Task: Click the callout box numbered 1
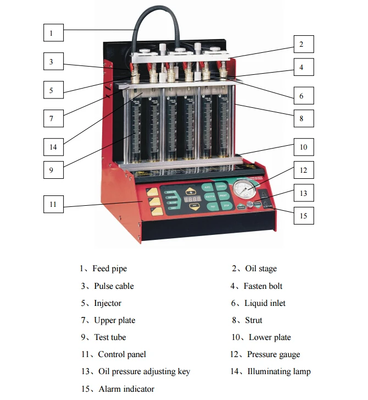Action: pyautogui.click(x=51, y=32)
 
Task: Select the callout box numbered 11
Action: pyautogui.click(x=53, y=204)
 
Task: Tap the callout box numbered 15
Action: pyautogui.click(x=303, y=215)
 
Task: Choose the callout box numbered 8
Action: pyautogui.click(x=303, y=118)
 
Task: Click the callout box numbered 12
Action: pyautogui.click(x=303, y=170)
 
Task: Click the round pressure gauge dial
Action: pyautogui.click(x=244, y=191)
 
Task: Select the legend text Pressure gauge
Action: pyautogui.click(x=273, y=354)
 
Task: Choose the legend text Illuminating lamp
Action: pyautogui.click(x=278, y=371)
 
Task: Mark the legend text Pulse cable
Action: pyautogui.click(x=114, y=286)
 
